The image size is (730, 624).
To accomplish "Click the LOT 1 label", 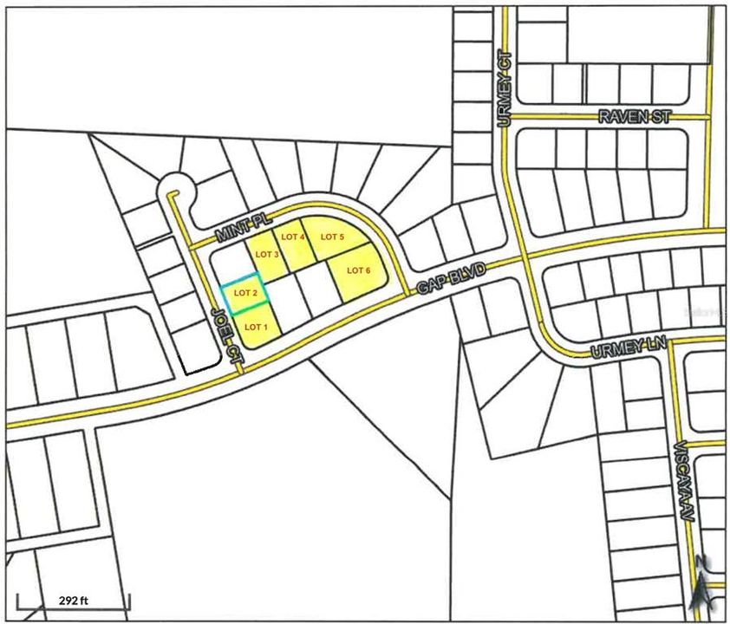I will tap(251, 327).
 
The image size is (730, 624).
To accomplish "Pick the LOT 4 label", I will tap(293, 237).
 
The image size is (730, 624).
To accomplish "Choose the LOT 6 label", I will tap(359, 270).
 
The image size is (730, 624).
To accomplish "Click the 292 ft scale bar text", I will tap(74, 600).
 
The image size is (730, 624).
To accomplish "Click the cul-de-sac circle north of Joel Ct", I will tap(176, 185).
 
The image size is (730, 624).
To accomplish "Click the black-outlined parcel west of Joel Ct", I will tap(198, 354).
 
